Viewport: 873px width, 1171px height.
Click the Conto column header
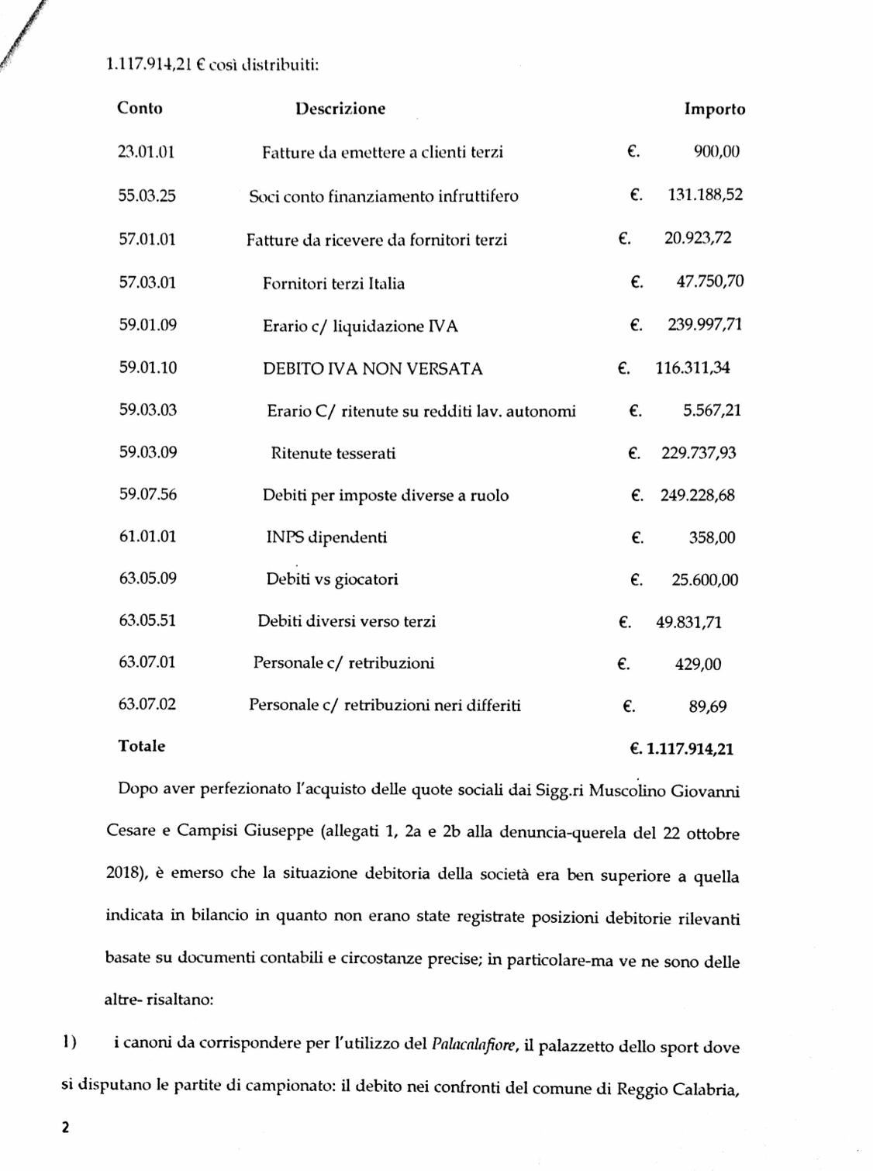coord(140,108)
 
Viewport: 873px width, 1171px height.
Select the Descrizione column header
coord(340,109)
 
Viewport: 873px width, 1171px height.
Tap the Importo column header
coord(714,109)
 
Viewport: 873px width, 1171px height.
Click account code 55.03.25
coord(147,195)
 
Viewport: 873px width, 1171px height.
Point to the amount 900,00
coord(716,152)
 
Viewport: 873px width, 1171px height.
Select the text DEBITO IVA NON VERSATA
coord(372,369)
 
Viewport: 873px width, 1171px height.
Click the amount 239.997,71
coord(705,325)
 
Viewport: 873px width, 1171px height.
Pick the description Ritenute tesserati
coord(333,454)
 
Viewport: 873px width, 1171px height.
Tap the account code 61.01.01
coord(147,536)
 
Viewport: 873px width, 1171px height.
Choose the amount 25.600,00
coord(705,580)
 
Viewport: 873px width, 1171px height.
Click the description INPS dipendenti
coord(326,537)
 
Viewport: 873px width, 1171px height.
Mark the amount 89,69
coord(708,706)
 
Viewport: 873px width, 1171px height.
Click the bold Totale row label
coord(141,746)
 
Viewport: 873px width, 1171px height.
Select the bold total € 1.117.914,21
coord(681,749)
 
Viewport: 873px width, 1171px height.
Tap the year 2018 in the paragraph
coord(122,873)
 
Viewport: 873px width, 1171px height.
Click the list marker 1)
coord(69,1042)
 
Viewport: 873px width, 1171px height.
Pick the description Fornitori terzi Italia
coord(333,284)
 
